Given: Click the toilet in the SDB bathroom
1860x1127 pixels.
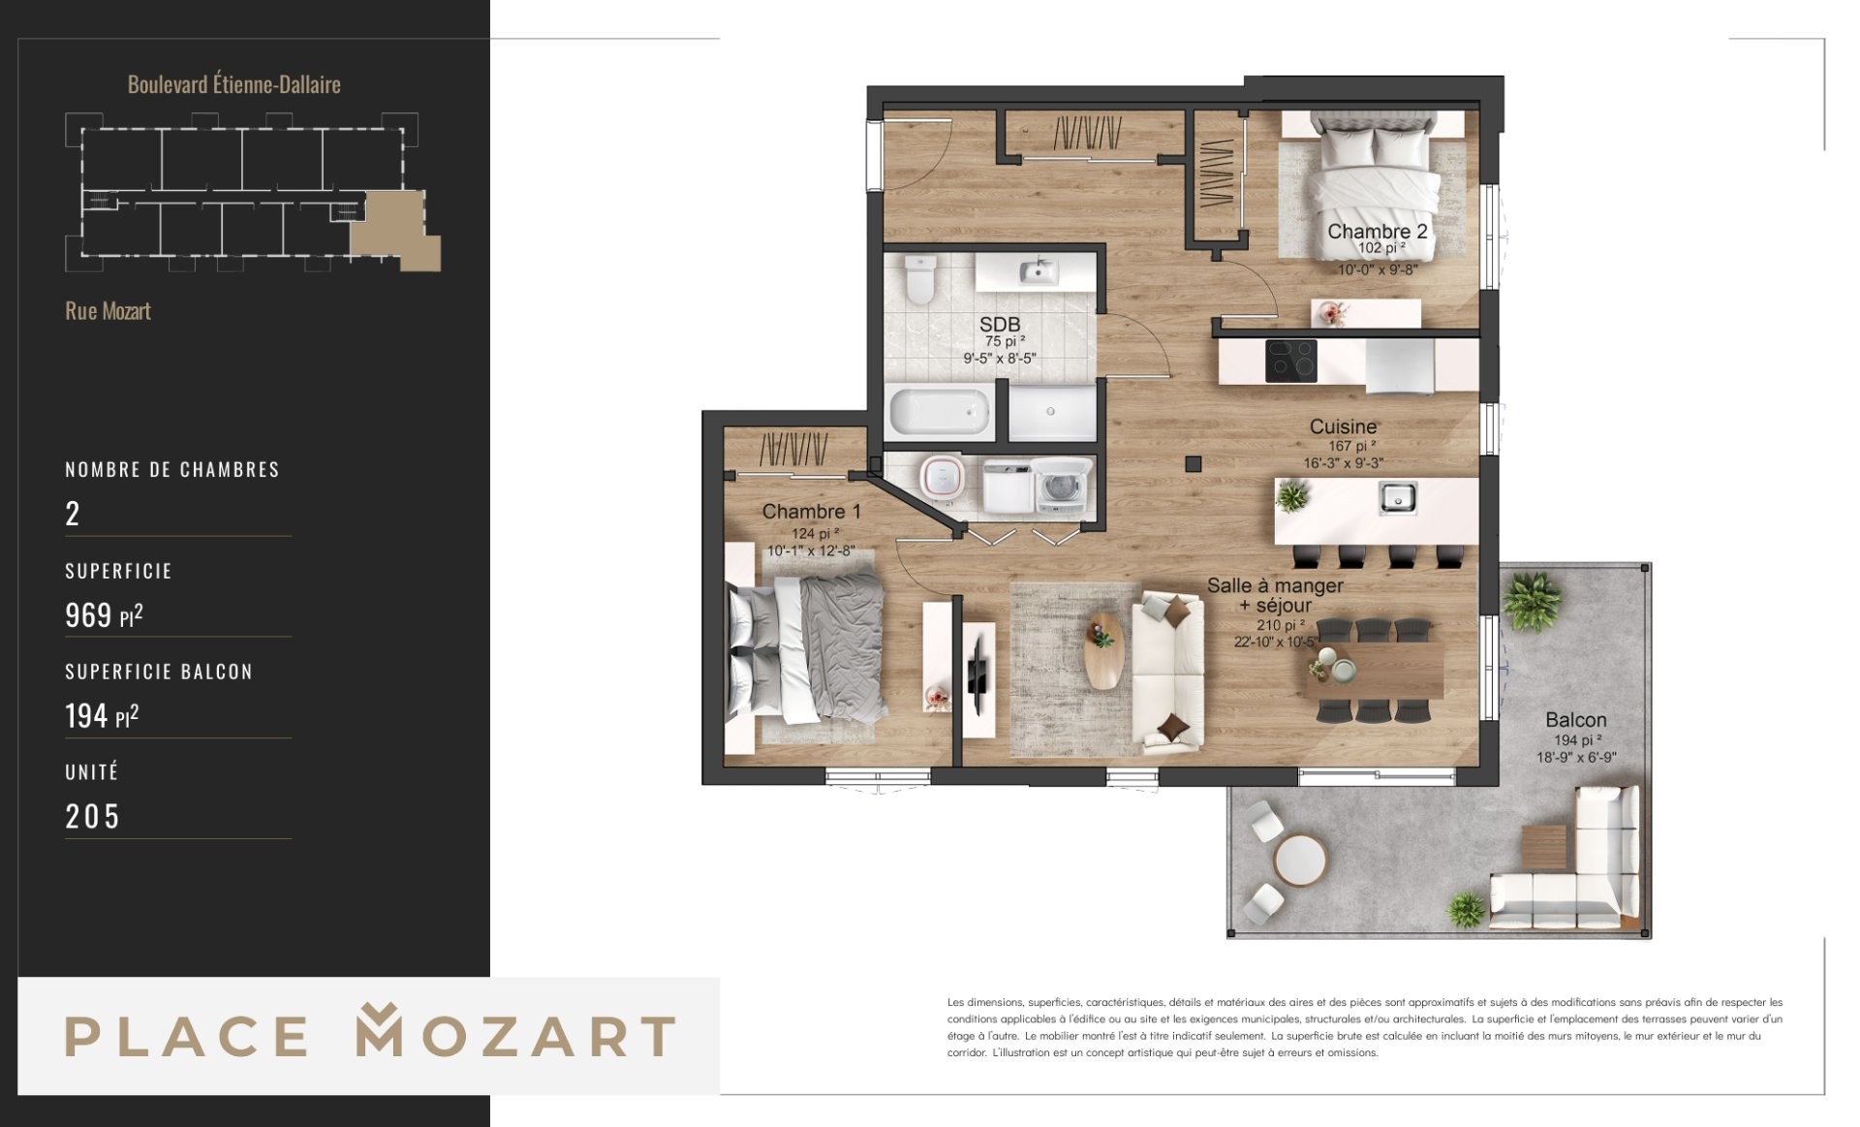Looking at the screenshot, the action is tap(919, 279).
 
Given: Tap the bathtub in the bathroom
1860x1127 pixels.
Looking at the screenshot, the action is tap(940, 411).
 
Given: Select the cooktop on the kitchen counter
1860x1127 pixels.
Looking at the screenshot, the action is tap(1291, 360).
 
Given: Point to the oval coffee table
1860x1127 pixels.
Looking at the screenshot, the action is tap(1103, 650).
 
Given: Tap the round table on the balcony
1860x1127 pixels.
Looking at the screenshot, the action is tap(1300, 860).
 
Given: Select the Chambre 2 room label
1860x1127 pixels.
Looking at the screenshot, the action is tap(1377, 232).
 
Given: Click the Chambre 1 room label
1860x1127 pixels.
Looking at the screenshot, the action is tap(811, 512).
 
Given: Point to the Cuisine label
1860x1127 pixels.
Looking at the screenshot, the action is tap(1343, 426).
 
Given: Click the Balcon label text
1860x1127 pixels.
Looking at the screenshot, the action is tap(1575, 720).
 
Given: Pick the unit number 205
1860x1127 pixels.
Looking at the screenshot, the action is tap(92, 817).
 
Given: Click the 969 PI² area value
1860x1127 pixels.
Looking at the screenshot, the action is tap(104, 615).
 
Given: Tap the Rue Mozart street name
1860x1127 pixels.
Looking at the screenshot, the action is tap(108, 311).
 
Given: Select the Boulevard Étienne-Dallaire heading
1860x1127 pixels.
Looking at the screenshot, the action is tap(234, 84).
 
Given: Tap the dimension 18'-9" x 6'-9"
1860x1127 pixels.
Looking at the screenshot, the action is tap(1576, 758).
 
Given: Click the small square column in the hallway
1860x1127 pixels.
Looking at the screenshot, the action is tap(1193, 464).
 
